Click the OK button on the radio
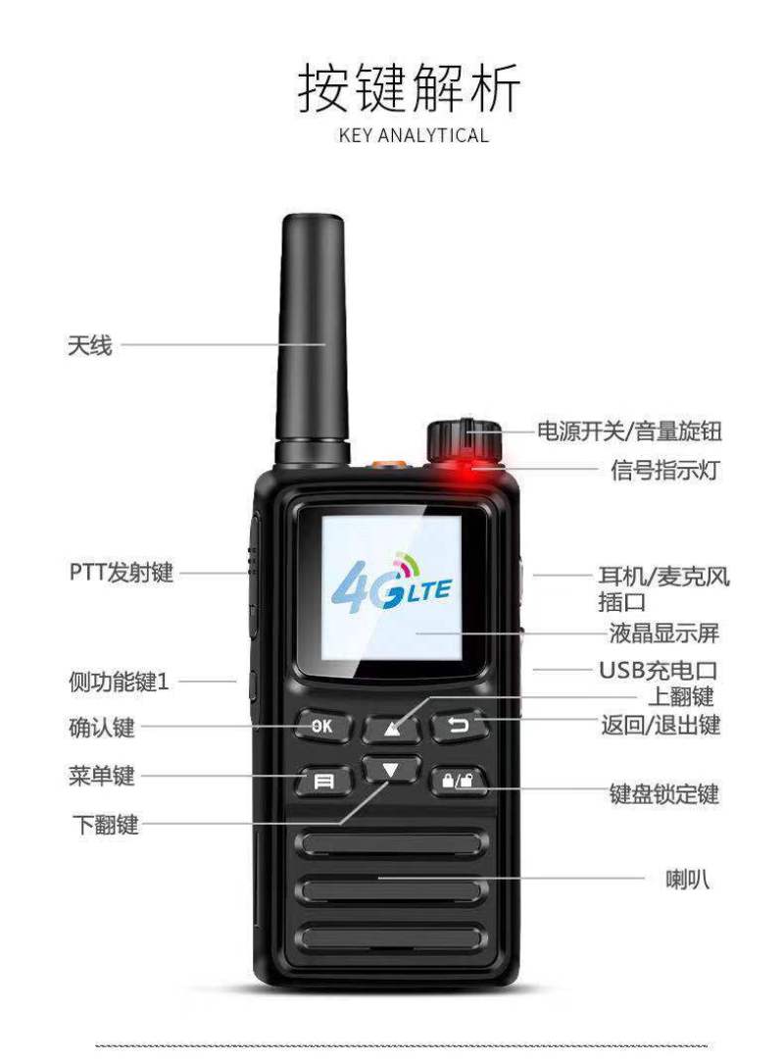[x=323, y=726]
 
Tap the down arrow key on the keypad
[x=391, y=770]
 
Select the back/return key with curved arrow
[x=460, y=726]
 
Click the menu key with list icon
[x=324, y=782]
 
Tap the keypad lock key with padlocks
[x=460, y=781]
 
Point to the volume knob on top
[x=465, y=438]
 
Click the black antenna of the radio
[x=313, y=339]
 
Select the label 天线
[x=89, y=345]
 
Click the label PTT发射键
[x=122, y=572]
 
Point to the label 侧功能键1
[x=119, y=682]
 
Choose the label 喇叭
[x=688, y=880]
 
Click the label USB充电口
[x=658, y=671]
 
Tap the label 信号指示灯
[x=664, y=469]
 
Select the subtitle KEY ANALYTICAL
[x=414, y=135]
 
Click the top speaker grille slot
[x=392, y=843]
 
